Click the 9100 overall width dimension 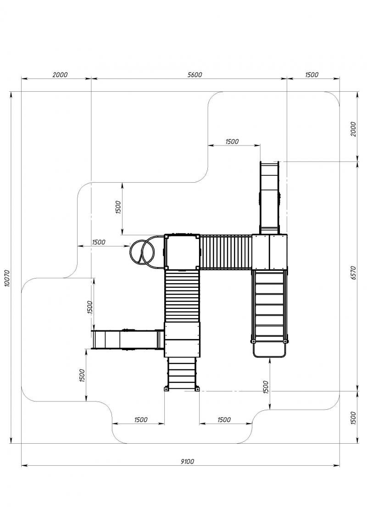[x=187, y=461]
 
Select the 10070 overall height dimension [x=8, y=279]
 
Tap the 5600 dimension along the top [x=195, y=75]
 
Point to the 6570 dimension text [x=353, y=273]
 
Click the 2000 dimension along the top [x=60, y=75]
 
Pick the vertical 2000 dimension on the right [x=353, y=129]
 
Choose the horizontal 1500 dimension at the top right [x=311, y=75]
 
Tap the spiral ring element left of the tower [x=143, y=251]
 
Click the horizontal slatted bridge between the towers [x=226, y=251]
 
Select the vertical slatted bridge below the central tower [x=182, y=296]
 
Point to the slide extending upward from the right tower [x=269, y=198]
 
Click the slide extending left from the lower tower [x=128, y=339]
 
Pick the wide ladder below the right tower [x=269, y=306]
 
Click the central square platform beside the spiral [x=182, y=251]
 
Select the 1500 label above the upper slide [x=232, y=141]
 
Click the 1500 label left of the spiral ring [x=99, y=242]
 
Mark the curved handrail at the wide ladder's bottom [x=269, y=350]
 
